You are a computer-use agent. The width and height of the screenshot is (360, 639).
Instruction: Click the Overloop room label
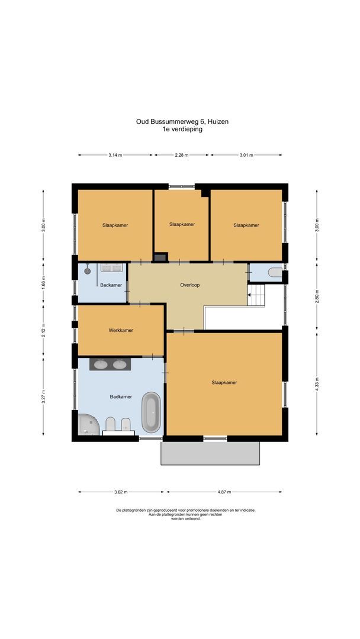pyautogui.click(x=190, y=285)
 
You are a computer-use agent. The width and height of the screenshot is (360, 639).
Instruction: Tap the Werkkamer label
pyautogui.click(x=121, y=330)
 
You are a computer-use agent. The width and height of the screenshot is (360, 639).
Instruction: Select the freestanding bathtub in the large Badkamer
pyautogui.click(x=152, y=412)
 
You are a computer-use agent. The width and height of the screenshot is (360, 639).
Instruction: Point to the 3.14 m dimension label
pyautogui.click(x=115, y=155)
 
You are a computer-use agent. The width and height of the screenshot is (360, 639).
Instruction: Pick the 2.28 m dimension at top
pyautogui.click(x=181, y=155)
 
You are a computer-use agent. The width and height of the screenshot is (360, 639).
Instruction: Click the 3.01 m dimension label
pyautogui.click(x=246, y=155)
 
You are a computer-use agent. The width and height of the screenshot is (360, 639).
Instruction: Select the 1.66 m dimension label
pyautogui.click(x=43, y=281)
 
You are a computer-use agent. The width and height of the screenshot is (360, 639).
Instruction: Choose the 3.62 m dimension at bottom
pyautogui.click(x=121, y=492)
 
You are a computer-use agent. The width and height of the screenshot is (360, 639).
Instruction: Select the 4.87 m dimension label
pyautogui.click(x=224, y=492)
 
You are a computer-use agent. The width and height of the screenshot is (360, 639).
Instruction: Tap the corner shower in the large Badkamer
pyautogui.click(x=87, y=425)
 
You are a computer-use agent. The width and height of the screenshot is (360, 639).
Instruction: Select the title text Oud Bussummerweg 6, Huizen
pyautogui.click(x=182, y=122)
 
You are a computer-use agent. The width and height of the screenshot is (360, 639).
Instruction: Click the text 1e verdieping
pyautogui.click(x=182, y=129)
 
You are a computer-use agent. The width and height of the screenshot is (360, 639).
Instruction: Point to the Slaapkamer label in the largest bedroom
pyautogui.click(x=224, y=383)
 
